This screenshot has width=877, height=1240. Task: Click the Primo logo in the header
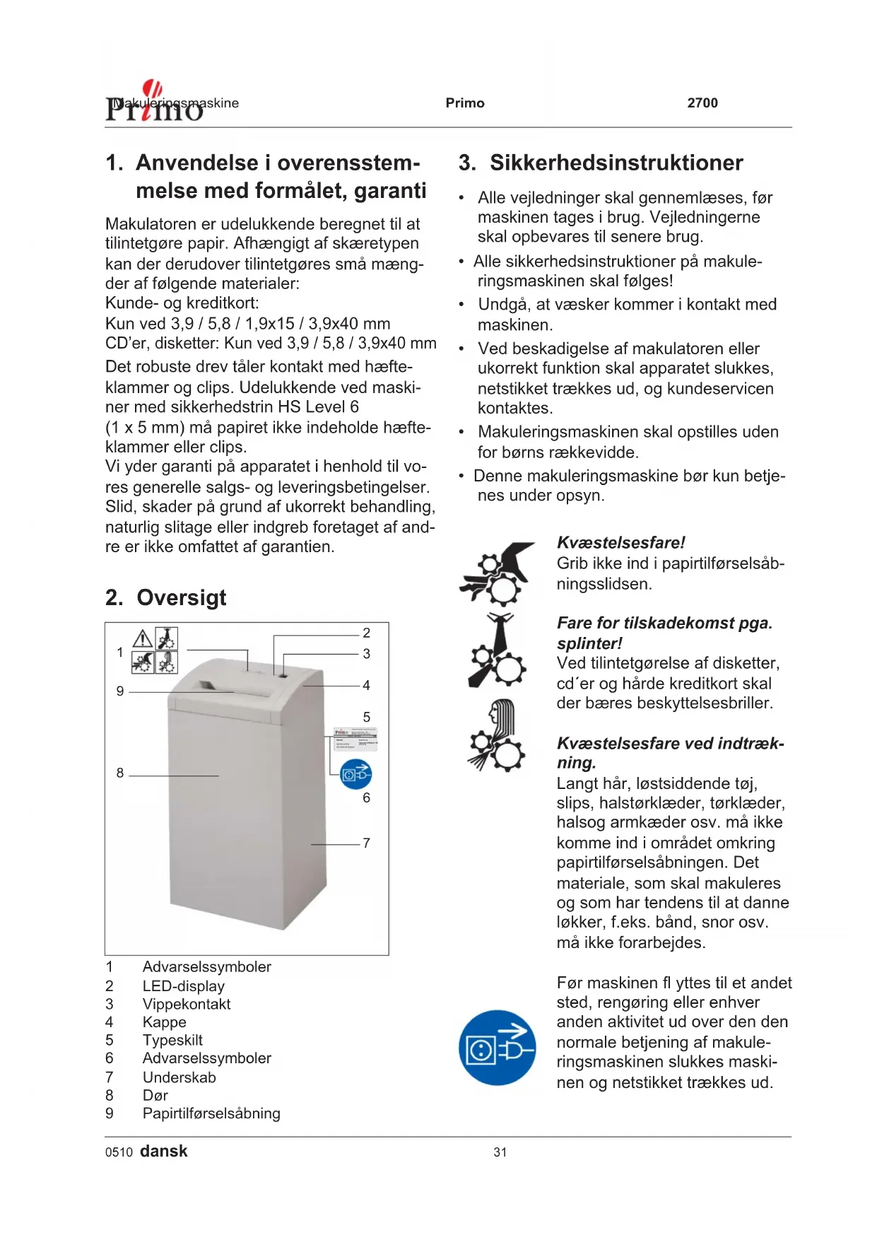(x=154, y=103)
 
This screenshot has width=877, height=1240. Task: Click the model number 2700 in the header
(x=702, y=103)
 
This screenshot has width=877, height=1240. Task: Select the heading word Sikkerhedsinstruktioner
(x=616, y=163)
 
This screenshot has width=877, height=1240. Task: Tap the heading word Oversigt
(x=182, y=598)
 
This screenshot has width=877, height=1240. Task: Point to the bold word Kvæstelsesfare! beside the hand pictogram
(x=620, y=543)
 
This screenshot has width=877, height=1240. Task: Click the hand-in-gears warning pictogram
(x=498, y=573)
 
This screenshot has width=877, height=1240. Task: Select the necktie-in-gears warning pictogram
(x=498, y=650)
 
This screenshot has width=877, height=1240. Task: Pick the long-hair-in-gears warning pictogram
(x=498, y=736)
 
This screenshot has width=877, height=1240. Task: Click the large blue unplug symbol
(x=498, y=1048)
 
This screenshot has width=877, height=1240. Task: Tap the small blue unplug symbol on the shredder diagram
(x=355, y=775)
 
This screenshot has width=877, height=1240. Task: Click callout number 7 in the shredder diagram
(x=366, y=843)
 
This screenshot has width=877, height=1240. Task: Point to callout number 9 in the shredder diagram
(x=120, y=691)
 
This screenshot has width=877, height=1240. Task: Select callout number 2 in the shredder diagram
(x=366, y=633)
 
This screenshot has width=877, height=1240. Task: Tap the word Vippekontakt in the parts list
(x=187, y=1005)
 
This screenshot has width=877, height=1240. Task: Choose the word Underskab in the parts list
(x=179, y=1078)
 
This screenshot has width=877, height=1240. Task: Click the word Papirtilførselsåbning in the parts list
(x=211, y=1114)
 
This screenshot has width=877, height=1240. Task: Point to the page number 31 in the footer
(x=500, y=1152)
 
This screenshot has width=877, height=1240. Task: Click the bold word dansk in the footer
(x=164, y=1152)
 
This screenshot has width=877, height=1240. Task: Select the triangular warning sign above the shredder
(x=143, y=639)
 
